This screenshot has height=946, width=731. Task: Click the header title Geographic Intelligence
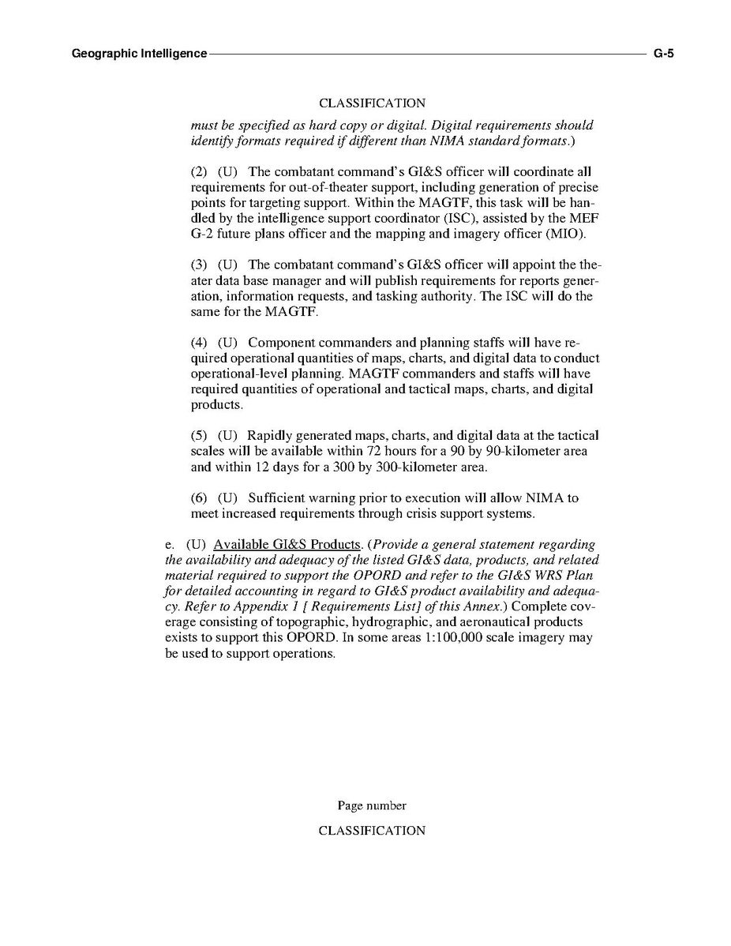139,54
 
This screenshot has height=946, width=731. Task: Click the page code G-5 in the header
663,54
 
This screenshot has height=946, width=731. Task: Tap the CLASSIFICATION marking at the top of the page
372,103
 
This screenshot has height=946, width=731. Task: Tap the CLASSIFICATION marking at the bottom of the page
372,831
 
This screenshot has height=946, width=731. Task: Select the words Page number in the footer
372,806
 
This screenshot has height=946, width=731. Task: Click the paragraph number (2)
199,172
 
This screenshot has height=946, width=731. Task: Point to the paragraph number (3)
199,265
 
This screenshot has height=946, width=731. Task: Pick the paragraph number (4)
199,343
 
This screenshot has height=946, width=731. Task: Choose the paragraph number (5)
199,436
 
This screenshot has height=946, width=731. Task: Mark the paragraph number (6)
199,498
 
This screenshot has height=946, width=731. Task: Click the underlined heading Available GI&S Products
287,545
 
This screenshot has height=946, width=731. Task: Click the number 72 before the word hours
375,452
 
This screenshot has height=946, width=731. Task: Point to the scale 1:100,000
455,638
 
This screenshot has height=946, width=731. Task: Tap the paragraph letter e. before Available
169,545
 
